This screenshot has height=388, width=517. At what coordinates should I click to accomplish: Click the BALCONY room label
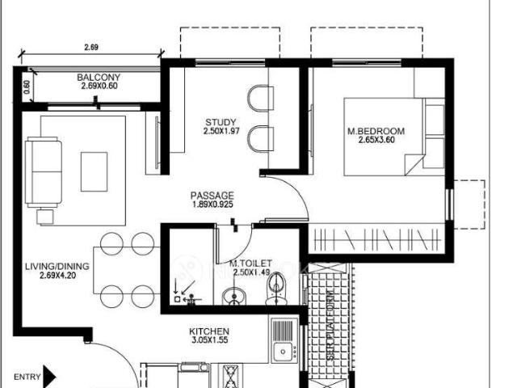click(99, 78)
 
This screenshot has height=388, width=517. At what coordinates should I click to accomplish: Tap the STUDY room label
click(220, 123)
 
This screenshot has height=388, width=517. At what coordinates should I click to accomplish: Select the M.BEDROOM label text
click(376, 131)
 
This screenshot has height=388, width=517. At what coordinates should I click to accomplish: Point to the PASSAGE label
click(212, 196)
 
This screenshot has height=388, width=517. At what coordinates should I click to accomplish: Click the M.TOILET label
click(250, 263)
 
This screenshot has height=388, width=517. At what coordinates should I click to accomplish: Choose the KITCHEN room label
click(209, 331)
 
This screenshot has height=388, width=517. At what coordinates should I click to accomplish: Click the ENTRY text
click(27, 377)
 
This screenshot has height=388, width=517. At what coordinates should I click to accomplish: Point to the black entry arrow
click(49, 376)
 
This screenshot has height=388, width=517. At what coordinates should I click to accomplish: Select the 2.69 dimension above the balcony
click(91, 48)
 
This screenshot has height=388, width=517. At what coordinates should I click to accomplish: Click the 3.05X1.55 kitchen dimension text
click(209, 341)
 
